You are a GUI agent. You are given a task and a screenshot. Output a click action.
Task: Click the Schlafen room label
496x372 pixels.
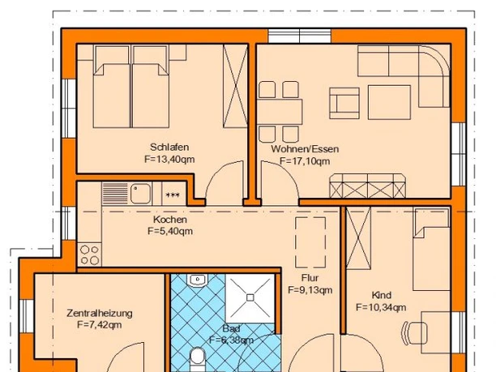169,147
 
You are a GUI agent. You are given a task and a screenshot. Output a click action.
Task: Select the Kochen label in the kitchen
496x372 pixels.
169,220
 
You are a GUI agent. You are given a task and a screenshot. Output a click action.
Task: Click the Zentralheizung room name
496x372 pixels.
99,313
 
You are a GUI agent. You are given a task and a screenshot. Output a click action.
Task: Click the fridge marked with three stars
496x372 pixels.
172,195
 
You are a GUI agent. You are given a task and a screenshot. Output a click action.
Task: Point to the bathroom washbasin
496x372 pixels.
196,280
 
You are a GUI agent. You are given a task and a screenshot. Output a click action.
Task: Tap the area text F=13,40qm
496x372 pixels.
169,160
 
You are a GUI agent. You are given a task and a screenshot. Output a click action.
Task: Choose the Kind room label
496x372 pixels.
381,295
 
